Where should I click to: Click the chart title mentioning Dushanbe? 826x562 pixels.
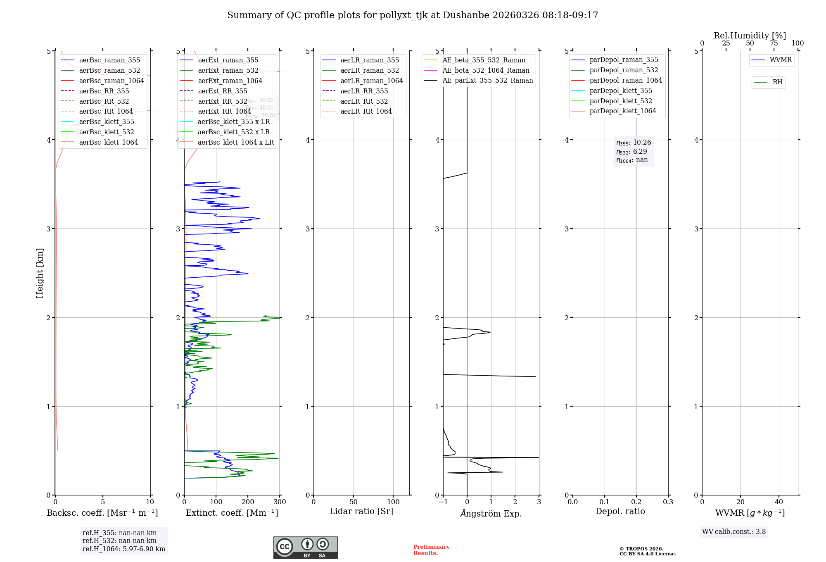coord(413,15)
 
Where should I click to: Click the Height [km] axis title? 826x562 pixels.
coord(40,273)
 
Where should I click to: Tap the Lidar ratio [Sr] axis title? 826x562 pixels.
coord(361,511)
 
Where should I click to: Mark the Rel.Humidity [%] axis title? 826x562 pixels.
coord(750,36)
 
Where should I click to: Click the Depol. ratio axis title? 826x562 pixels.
coord(620,511)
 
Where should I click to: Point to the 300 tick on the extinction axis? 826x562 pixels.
coord(280,502)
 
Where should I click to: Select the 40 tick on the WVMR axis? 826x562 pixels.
coord(779,502)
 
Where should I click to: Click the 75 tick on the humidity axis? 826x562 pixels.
coord(774,43)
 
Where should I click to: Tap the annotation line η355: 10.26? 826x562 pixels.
coord(634,143)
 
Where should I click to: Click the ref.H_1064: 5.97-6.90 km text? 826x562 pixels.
coord(124,549)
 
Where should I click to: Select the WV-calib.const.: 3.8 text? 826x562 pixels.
coord(734,531)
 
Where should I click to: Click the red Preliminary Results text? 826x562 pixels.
coord(431,550)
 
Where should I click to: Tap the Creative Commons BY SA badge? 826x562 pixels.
coord(305,547)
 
